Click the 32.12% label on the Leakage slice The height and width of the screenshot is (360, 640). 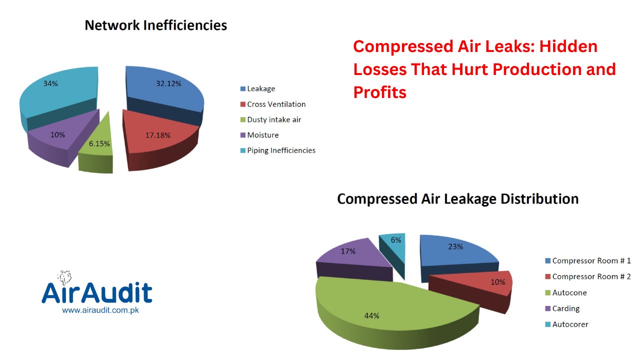click(x=168, y=83)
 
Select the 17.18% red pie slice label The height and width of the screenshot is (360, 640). click(x=158, y=135)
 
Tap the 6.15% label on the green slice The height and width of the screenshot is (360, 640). click(x=99, y=143)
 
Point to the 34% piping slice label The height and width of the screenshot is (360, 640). click(x=50, y=83)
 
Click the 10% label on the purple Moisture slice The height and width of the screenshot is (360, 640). click(x=57, y=134)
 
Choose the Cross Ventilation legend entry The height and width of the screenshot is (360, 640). click(x=273, y=104)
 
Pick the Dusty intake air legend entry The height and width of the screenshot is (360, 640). click(x=271, y=119)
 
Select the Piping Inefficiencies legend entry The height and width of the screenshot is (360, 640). click(x=278, y=150)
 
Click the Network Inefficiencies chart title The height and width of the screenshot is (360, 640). click(x=156, y=25)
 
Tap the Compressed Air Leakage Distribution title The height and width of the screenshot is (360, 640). click(x=458, y=199)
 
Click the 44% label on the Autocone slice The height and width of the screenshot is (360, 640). click(x=371, y=315)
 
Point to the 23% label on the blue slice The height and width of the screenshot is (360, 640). click(x=455, y=246)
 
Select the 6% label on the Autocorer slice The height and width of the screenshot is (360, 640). click(x=396, y=240)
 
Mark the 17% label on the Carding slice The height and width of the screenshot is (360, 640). click(x=348, y=251)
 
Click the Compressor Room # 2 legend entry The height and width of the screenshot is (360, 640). click(x=588, y=276)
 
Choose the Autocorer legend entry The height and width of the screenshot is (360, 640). click(x=567, y=324)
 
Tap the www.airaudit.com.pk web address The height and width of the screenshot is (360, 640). click(x=100, y=310)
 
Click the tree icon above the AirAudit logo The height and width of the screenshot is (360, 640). click(x=64, y=277)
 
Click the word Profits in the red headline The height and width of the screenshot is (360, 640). click(x=379, y=92)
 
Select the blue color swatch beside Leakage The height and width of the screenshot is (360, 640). click(x=243, y=89)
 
